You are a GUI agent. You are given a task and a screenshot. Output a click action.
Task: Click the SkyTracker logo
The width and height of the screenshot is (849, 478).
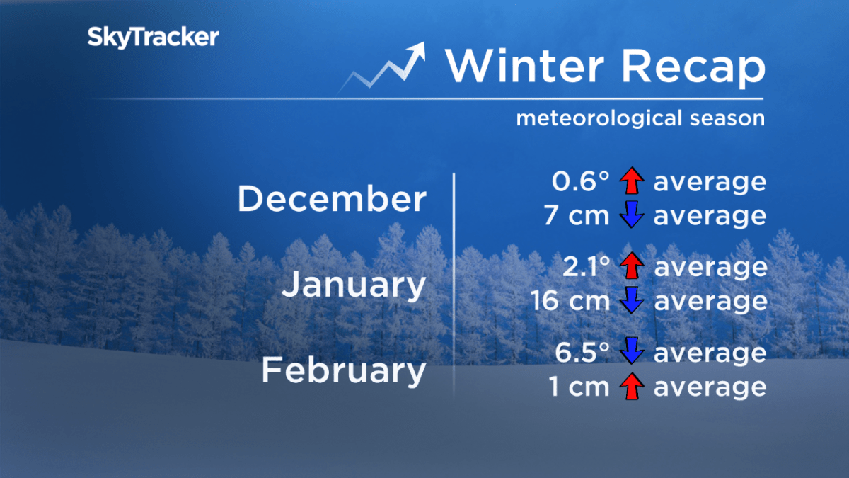click(x=153, y=38)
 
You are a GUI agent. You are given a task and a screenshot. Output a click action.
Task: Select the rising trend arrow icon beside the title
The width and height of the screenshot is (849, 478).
click(x=386, y=67)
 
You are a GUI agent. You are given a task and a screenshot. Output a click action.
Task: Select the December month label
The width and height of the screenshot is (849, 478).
click(x=332, y=199)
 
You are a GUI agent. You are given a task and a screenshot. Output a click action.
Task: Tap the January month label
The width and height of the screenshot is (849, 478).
click(x=354, y=285)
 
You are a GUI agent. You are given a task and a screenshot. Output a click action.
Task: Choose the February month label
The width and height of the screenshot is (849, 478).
click(x=344, y=371)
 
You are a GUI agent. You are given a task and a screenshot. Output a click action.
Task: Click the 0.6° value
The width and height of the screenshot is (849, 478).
click(x=580, y=182)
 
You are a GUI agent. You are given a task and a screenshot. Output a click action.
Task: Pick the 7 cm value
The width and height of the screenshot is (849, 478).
click(x=577, y=216)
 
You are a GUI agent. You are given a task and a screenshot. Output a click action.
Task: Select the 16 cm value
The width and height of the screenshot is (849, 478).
click(x=570, y=302)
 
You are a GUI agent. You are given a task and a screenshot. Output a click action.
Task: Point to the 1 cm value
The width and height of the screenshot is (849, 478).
click(x=579, y=387)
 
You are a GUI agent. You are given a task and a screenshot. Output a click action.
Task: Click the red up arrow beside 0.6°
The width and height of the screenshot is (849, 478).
click(x=631, y=182)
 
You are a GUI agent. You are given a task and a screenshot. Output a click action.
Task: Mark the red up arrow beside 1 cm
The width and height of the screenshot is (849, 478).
click(x=631, y=387)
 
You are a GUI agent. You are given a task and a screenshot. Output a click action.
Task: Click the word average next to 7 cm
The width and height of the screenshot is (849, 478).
click(x=710, y=216)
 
